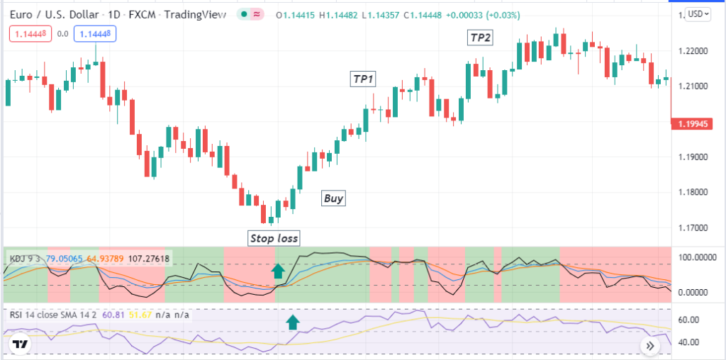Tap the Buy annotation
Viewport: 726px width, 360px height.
[333, 198]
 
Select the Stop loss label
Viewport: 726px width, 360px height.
[274, 237]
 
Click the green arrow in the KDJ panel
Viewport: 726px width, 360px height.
[278, 269]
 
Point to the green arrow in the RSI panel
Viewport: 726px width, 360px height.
[291, 323]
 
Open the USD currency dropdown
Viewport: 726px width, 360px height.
[698, 14]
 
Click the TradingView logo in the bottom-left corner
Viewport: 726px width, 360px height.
[21, 345]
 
